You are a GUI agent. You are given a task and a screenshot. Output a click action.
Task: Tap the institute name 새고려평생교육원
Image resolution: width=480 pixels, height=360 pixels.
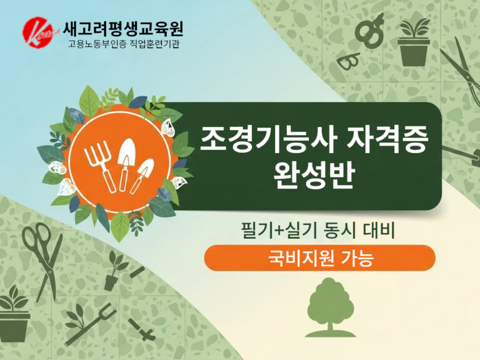(x=123, y=29)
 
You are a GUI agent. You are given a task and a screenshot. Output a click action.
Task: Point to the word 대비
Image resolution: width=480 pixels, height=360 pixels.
(x=386, y=231)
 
